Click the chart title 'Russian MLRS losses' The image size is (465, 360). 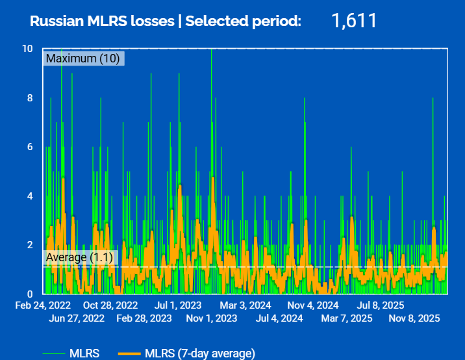pos(103,21)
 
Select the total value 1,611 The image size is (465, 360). pos(354,20)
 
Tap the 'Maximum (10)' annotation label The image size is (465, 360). pos(83,58)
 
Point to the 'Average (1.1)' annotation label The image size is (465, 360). pos(80,257)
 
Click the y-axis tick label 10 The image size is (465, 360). pos(27,49)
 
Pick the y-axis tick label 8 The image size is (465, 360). pos(30,98)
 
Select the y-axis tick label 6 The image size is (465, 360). pos(30,147)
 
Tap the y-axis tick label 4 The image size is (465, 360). pos(30,196)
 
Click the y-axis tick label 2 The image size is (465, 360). pos(30,244)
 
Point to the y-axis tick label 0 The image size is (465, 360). pos(30,294)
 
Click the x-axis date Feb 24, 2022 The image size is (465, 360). pos(43,305)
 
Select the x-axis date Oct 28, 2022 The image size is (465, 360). pos(110,305)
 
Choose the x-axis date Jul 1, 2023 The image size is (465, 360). pos(177,305)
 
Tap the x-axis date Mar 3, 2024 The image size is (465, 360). pos(245,305)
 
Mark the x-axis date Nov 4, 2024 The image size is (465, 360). pos(313,305)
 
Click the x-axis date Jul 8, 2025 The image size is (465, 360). pos(381,305)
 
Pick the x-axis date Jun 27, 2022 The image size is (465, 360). pos(77,318)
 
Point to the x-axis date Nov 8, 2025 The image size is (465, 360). pos(414,318)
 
